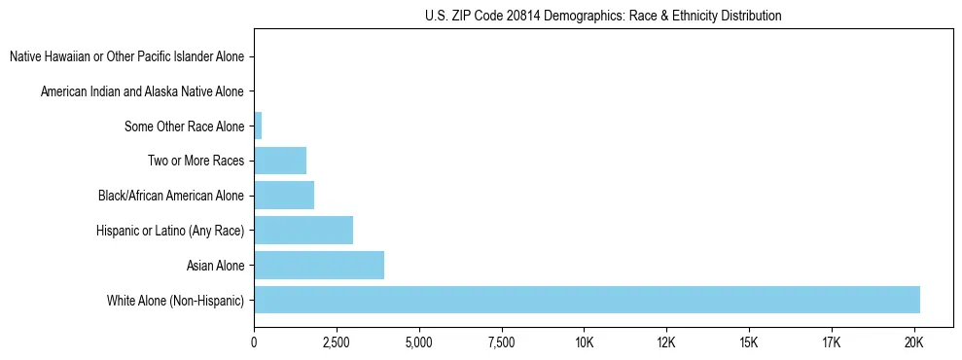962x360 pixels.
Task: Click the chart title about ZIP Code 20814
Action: click(603, 16)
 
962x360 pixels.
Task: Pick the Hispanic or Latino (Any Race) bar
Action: click(303, 231)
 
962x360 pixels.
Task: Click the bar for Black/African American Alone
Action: click(284, 196)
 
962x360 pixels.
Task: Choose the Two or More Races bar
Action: click(280, 161)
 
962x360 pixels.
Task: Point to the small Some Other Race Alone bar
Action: click(258, 126)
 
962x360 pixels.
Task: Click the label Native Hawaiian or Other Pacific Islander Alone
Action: click(127, 57)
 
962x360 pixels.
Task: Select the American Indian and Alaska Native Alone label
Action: click(143, 91)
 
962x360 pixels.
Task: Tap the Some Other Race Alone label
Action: click(185, 126)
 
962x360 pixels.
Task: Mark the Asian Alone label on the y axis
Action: click(215, 265)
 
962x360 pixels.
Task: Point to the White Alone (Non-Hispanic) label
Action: click(176, 300)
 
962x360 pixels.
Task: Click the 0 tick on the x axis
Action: click(254, 342)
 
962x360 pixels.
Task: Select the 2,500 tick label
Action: click(337, 342)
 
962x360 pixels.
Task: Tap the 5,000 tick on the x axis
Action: click(419, 342)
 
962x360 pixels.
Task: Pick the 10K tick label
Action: click(584, 342)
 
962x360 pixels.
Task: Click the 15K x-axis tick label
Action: click(749, 342)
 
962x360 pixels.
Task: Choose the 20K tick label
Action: click(913, 342)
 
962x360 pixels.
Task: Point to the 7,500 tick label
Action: click(502, 342)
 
